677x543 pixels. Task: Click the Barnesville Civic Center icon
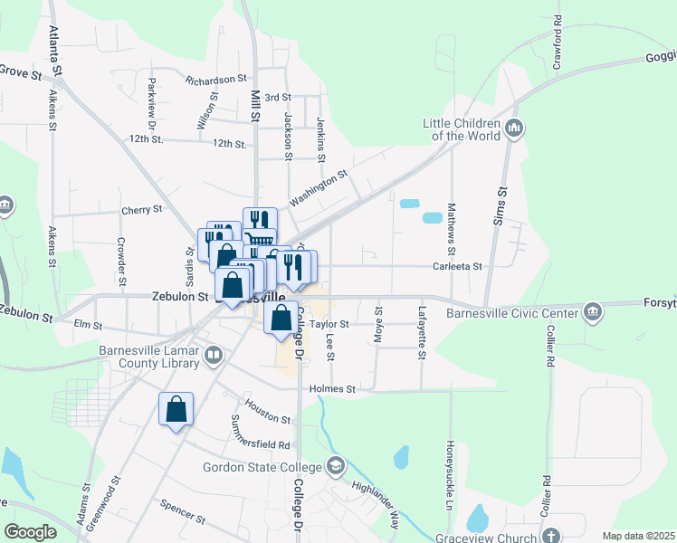(x=593, y=312)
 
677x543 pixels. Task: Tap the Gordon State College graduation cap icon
(x=336, y=466)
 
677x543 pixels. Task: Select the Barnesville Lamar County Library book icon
(x=213, y=355)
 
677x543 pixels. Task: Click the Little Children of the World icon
(x=515, y=128)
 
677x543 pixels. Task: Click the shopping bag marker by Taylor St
(x=281, y=318)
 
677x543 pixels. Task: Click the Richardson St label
(x=216, y=80)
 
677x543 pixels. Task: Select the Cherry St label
(x=142, y=209)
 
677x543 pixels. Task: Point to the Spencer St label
(x=183, y=513)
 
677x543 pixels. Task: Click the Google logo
(x=30, y=532)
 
